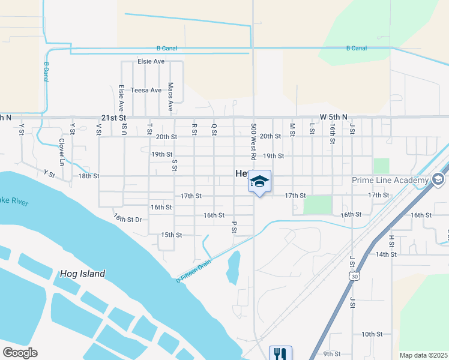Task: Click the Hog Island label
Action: tap(82, 274)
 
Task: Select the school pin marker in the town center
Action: tap(259, 182)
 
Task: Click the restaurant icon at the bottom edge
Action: tap(280, 353)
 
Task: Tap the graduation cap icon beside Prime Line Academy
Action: tap(438, 179)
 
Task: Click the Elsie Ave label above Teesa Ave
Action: tap(151, 61)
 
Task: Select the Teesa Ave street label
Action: tap(146, 90)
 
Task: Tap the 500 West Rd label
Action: tap(254, 142)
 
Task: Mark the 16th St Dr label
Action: tap(127, 219)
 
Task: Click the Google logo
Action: tap(20, 353)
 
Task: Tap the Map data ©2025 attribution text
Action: tap(424, 355)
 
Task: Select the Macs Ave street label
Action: tap(170, 97)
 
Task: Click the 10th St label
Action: tap(372, 334)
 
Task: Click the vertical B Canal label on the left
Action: tap(46, 73)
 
